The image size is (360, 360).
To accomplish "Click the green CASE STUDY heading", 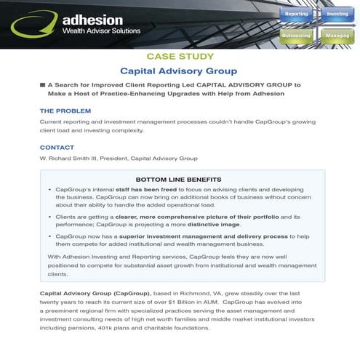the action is (x=179, y=56).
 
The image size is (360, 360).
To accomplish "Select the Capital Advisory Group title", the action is (x=179, y=71).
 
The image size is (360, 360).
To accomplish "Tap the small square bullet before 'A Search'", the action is (x=42, y=85).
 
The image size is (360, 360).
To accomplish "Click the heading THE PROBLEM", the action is (x=65, y=111).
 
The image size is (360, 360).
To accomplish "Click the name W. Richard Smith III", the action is (x=72, y=158).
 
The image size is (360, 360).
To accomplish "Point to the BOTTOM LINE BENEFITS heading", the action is (x=179, y=179).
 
